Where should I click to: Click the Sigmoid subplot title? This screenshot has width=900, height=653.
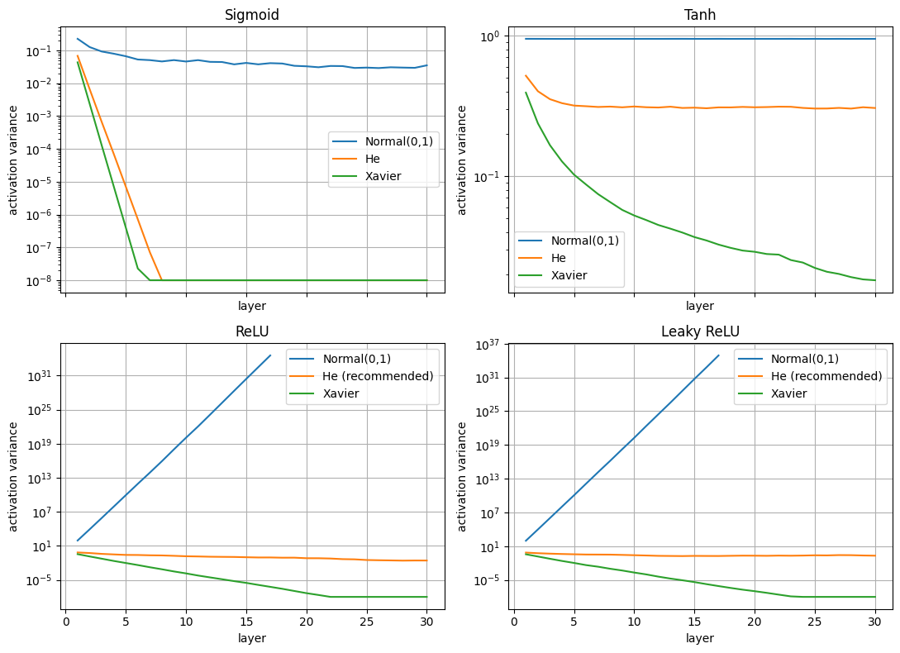(x=251, y=15)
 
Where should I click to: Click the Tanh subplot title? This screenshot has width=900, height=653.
(x=700, y=15)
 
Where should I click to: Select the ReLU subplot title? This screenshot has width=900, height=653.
(x=251, y=331)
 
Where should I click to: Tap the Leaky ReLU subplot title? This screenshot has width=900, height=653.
(x=700, y=331)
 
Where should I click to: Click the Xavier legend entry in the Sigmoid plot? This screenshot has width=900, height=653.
(x=383, y=174)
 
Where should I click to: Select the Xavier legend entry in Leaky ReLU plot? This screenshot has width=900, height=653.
(x=788, y=393)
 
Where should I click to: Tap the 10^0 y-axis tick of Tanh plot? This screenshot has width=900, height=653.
(x=491, y=36)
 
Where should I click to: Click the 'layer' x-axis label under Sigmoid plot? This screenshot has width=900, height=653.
(x=251, y=306)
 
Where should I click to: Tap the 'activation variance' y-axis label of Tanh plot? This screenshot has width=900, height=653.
(x=463, y=160)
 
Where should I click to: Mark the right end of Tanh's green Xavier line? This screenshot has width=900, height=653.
(x=874, y=280)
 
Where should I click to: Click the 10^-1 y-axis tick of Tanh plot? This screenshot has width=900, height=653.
(x=491, y=177)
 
